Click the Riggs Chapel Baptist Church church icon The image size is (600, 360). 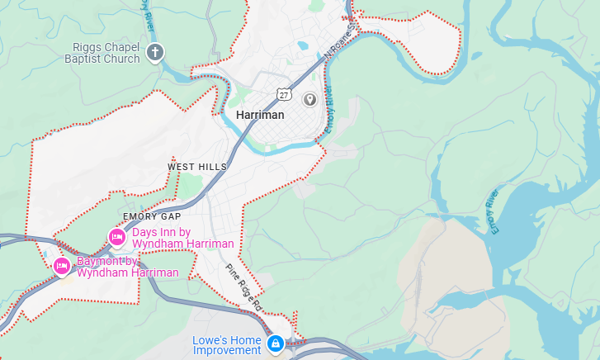[154, 54]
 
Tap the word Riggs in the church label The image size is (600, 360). [87, 46]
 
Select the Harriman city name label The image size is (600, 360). [260, 115]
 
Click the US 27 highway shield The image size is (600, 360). [284, 94]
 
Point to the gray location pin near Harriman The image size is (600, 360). [310, 100]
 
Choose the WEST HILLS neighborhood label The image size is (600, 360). [196, 167]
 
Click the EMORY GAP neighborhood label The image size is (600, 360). [151, 216]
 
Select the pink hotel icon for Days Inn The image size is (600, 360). [117, 238]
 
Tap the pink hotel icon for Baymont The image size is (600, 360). [61, 266]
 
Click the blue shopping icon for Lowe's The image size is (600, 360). [275, 343]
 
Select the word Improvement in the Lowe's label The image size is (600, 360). [227, 351]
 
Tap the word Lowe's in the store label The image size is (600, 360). [210, 340]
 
